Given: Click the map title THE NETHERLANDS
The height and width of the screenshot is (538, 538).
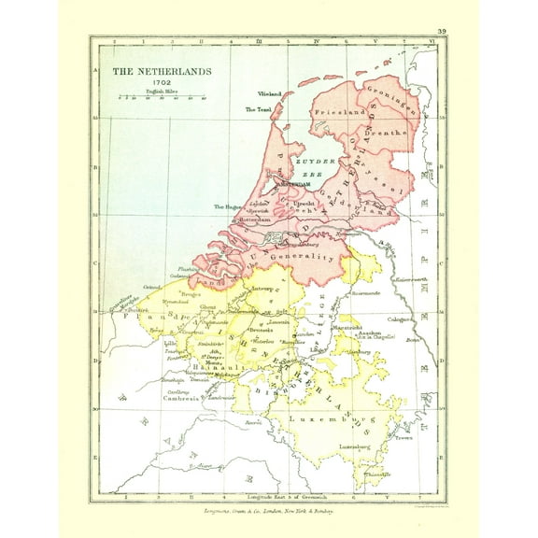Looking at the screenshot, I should tap(162, 71).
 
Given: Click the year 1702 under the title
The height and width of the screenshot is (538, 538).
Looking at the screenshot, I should tap(161, 81).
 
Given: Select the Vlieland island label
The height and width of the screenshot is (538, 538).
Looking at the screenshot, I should tap(269, 95).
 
